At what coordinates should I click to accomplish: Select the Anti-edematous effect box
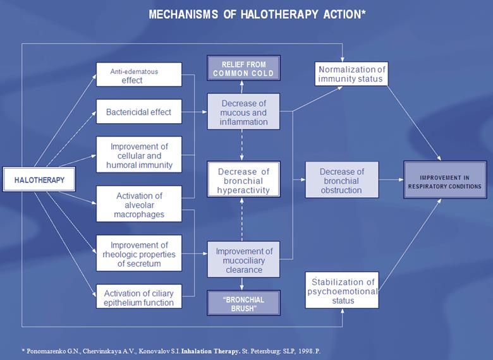pos(138,75)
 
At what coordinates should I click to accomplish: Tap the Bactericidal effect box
pos(138,112)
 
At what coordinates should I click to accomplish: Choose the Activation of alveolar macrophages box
pos(138,205)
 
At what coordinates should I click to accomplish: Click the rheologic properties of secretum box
pos(138,254)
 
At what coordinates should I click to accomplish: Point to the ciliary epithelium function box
pos(138,296)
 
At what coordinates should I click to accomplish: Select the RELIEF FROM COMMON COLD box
pos(243,68)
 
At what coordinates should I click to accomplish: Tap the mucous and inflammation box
pos(243,112)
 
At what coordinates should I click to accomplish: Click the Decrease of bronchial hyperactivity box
pos(243,181)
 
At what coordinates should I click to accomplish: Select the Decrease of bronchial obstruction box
pos(341,181)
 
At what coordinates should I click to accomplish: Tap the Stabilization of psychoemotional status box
pos(341,291)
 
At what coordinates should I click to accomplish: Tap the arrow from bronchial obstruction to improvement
pos(392,181)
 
